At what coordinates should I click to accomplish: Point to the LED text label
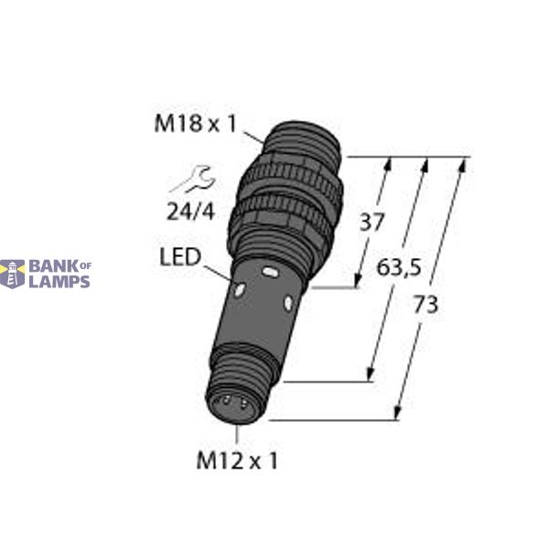[180, 258]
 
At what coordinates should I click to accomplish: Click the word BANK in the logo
[52, 266]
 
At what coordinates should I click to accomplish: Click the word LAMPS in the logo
[59, 281]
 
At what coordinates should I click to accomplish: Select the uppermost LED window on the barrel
[270, 273]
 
